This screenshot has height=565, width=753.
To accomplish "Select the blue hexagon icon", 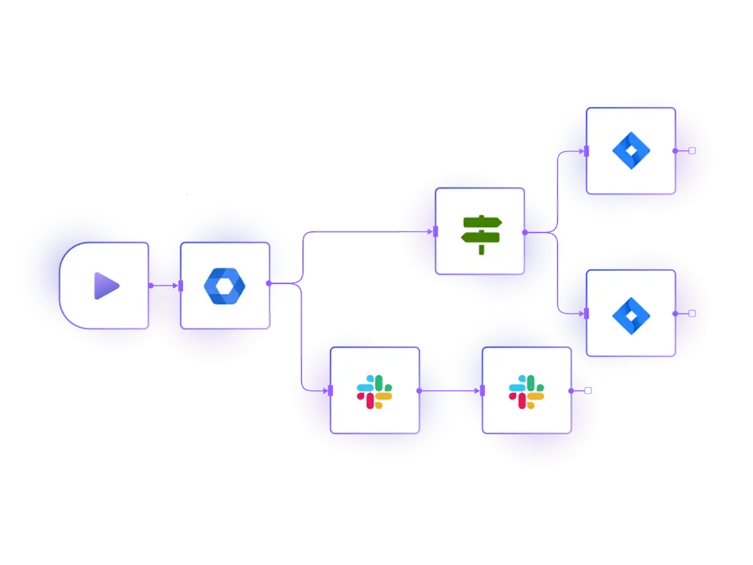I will pos(225,286).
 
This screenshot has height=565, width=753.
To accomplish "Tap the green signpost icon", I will pos(481,232).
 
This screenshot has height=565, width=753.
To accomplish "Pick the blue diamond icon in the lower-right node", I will pos(631,313).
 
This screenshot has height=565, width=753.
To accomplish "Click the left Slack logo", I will pos(375,390).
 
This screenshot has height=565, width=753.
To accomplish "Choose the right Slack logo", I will pos(526,390).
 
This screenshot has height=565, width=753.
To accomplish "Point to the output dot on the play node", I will pos(151,286).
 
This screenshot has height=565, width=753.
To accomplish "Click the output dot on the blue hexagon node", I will pos(269,284).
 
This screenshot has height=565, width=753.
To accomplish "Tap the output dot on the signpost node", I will pos(525,232).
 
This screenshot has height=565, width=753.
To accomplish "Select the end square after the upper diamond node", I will pos(692,151).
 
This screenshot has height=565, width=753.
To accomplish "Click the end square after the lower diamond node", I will pos(692,313).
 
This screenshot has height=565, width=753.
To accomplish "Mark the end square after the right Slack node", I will pos(588,390).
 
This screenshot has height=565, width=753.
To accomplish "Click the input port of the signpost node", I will pos(435,232).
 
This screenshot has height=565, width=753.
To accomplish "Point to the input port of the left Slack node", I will pos(330,390).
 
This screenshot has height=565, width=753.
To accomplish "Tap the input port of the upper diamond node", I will pos(585,151).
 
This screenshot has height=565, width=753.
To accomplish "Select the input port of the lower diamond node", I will pos(585,313).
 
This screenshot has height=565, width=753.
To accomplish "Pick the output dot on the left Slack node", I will pos(419,390).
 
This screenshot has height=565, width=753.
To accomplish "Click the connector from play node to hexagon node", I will pos(164,286).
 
